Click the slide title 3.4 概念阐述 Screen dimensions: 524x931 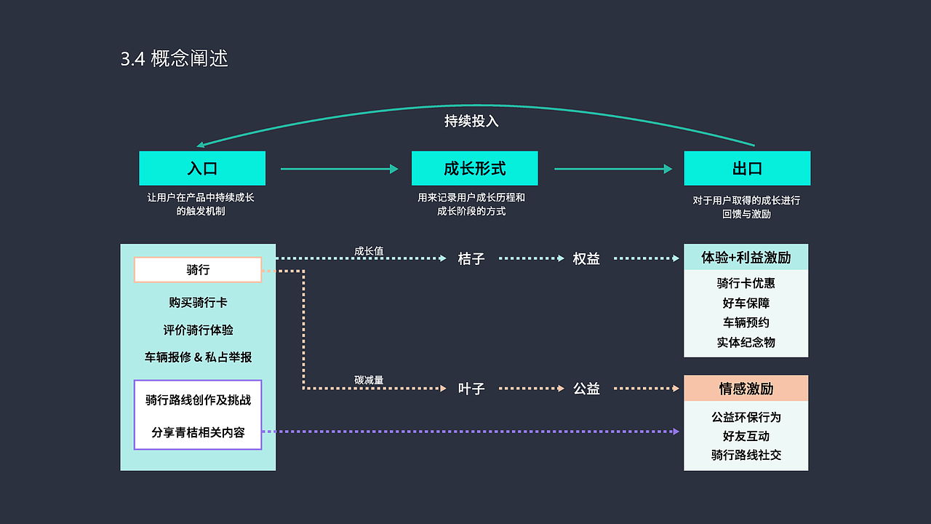click(x=175, y=59)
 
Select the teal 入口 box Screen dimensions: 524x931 click(x=202, y=168)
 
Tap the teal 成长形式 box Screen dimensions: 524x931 click(x=474, y=168)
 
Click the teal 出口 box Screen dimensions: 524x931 click(x=747, y=168)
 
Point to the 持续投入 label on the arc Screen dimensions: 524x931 click(x=471, y=121)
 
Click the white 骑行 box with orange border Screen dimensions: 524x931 click(x=198, y=269)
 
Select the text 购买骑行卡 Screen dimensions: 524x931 click(x=198, y=302)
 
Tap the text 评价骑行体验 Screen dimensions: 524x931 click(x=198, y=330)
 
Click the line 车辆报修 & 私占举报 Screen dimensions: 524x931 click(x=198, y=357)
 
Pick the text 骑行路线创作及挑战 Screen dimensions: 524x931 click(x=198, y=400)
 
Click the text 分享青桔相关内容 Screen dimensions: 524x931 click(x=198, y=432)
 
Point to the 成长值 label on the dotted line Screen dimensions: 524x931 click(x=369, y=251)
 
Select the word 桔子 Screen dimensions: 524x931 click(x=471, y=258)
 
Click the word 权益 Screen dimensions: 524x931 click(x=586, y=258)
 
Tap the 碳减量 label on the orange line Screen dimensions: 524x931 click(x=369, y=380)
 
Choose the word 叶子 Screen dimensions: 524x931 click(x=471, y=389)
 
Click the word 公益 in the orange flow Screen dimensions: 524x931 click(x=586, y=389)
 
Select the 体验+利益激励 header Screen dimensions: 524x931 click(x=746, y=257)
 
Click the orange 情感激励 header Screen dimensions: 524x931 click(x=746, y=388)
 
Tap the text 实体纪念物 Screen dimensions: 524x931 click(x=746, y=342)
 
